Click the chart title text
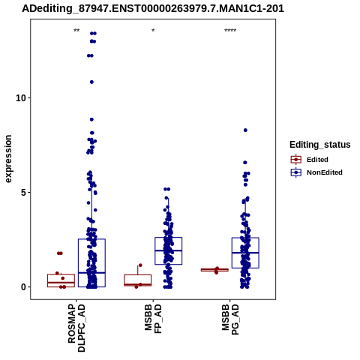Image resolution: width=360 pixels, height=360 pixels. (153, 8)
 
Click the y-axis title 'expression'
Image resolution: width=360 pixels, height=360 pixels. (8, 159)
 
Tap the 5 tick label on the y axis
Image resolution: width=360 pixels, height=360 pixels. (24, 193)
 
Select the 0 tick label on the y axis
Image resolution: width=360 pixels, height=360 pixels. (24, 287)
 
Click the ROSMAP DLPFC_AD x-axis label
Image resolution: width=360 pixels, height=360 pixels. (76, 328)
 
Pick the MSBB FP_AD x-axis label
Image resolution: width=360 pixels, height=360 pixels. (153, 319)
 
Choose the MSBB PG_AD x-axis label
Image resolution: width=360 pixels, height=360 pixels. (230, 319)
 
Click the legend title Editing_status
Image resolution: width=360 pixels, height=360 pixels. (320, 145)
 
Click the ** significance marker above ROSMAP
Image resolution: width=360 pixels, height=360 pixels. (76, 31)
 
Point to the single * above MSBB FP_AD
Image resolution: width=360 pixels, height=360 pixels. (153, 31)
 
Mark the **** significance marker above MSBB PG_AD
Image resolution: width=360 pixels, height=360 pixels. (230, 31)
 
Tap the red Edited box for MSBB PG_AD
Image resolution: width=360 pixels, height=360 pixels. (214, 270)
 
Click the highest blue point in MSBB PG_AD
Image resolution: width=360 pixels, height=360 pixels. (245, 130)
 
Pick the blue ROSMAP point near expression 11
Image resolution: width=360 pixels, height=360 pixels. (91, 82)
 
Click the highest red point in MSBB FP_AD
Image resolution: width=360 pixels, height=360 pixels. (140, 265)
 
